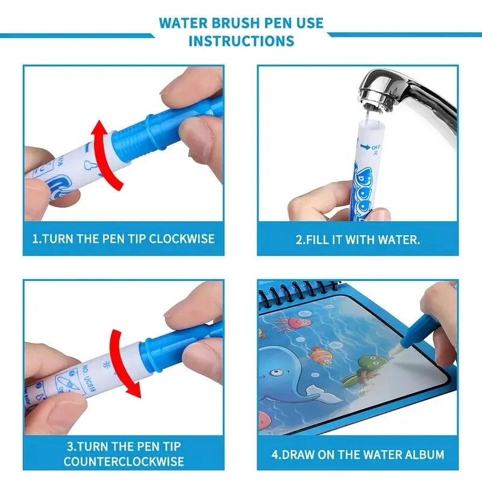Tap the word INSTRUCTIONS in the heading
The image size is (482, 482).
coord(241,41)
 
